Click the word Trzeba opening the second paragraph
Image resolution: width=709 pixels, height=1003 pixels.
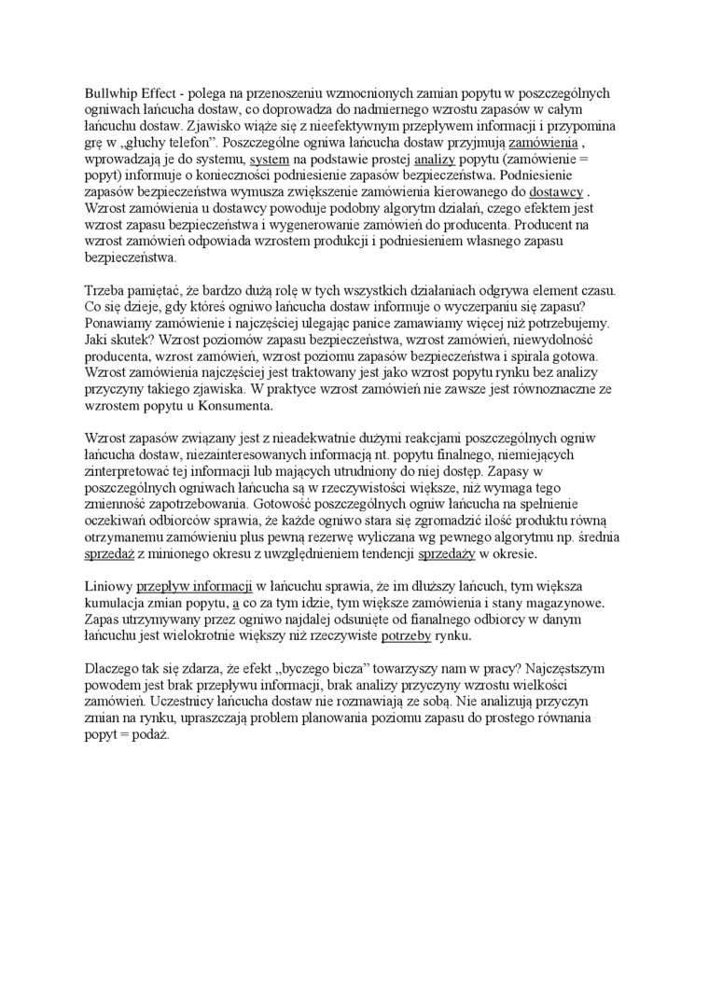104,292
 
